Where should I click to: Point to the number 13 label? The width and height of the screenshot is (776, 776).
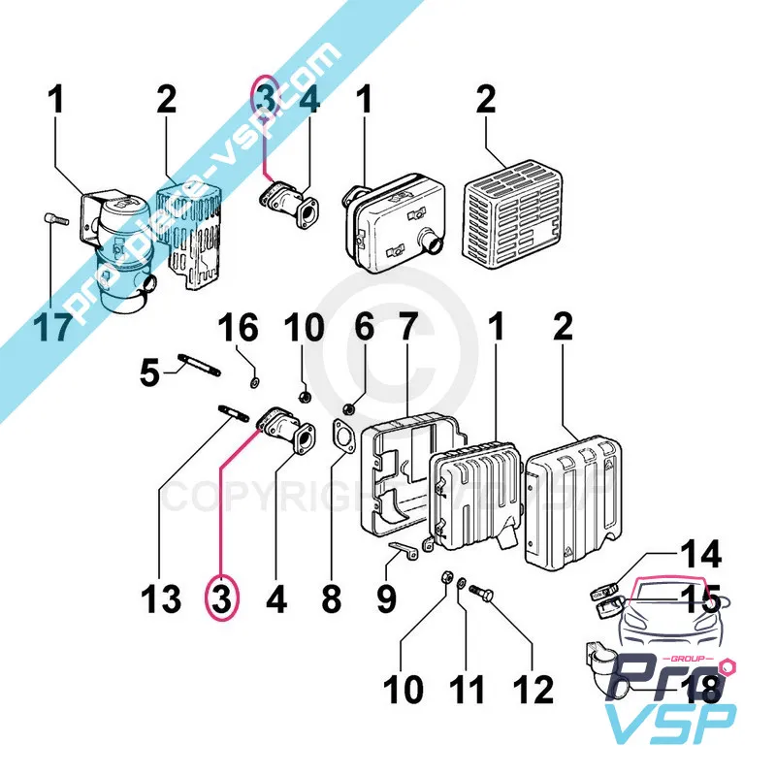(159, 598)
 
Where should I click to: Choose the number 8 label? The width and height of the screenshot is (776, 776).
(332, 598)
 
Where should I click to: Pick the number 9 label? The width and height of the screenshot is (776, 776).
(386, 598)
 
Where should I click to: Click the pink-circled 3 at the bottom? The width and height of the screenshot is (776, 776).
(221, 598)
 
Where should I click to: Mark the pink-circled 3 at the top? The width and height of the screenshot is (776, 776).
(266, 99)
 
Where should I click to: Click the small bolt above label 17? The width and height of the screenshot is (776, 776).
(54, 221)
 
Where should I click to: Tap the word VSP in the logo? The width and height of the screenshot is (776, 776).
(670, 726)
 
